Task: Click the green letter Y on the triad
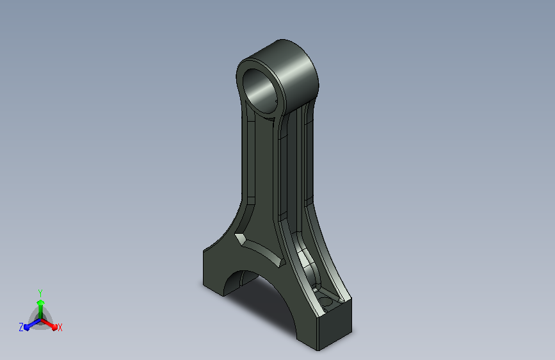pos(40,293)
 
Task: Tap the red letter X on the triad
pos(60,327)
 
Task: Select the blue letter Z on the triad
pos(21,327)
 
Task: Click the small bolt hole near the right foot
pos(326,302)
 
